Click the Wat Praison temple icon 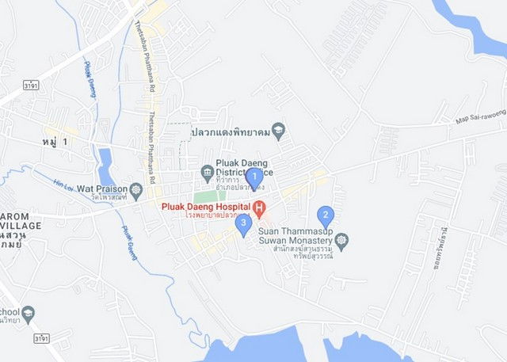pyautogui.click(x=136, y=189)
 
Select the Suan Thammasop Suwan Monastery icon pyautogui.click(x=341, y=238)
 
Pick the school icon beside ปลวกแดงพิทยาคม pyautogui.click(x=278, y=129)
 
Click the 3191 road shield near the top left pyautogui.click(x=32, y=84)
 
